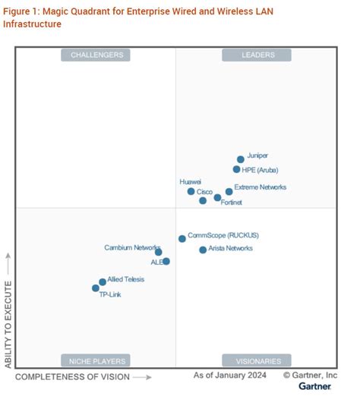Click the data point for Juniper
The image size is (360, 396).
pos(241,159)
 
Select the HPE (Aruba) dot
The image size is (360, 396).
pos(237,169)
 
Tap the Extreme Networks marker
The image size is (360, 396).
pos(229,192)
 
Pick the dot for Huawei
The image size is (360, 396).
pos(191,192)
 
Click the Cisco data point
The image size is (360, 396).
pos(203,201)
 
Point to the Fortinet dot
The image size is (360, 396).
pos(217,198)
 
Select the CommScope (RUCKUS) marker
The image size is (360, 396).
pos(182,239)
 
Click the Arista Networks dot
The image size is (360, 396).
pos(203,250)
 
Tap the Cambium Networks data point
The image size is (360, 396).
pos(158,252)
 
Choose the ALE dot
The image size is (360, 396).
pos(166,262)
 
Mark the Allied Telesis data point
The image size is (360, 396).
pos(103,282)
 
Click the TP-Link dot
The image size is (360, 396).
pos(96,288)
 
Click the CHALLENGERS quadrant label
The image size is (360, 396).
pos(96,55)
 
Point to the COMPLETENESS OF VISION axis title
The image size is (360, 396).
pos(73,377)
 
